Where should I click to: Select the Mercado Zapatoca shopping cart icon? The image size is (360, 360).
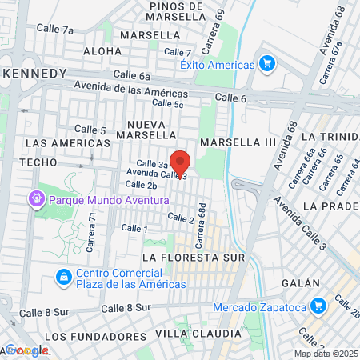point(318,306)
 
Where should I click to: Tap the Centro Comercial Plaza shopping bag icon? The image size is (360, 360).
point(63,277)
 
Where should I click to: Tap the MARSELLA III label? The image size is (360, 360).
point(238,142)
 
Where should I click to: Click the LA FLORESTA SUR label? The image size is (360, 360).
point(191,258)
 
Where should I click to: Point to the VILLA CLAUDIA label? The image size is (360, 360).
point(197,333)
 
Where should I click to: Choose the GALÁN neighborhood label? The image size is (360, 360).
point(300,283)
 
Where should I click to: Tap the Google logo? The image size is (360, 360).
point(26,350)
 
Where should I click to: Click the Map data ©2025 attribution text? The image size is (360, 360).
point(326,354)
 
